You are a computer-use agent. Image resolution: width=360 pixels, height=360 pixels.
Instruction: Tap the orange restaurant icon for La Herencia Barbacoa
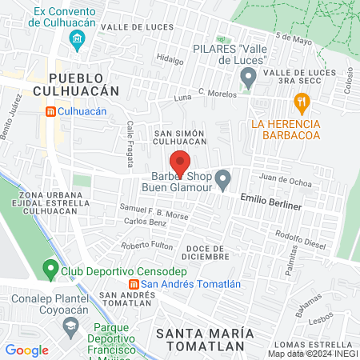click(302, 102)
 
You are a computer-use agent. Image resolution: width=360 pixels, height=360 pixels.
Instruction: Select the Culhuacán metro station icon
click(50, 112)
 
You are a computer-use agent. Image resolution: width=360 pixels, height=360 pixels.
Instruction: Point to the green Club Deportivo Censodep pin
click(52, 268)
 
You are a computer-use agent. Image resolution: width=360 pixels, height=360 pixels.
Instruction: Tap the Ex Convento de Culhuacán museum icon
click(76, 39)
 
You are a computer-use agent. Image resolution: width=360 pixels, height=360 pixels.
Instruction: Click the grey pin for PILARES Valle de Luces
click(248, 78)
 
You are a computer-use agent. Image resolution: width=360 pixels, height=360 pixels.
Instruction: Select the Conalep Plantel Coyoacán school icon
click(71, 326)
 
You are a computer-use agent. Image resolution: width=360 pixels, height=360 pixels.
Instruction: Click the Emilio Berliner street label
click(271, 206)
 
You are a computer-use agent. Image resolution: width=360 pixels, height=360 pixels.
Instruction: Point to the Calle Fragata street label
click(130, 145)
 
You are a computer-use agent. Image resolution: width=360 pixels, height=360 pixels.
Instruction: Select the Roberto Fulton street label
click(146, 245)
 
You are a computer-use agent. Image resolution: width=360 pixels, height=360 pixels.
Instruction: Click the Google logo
click(27, 350)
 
